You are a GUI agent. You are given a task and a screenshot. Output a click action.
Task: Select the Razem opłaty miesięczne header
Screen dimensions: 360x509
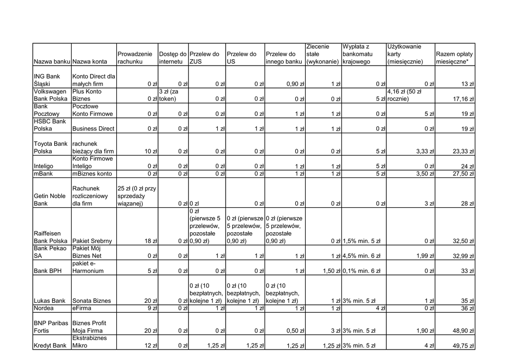tap(454, 58)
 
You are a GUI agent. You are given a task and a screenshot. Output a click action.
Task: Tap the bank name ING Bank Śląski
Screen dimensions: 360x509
tap(47, 80)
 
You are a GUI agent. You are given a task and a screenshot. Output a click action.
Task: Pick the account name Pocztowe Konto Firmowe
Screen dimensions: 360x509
tap(92, 110)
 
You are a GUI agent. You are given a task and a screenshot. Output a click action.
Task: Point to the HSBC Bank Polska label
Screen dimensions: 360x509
tap(50, 125)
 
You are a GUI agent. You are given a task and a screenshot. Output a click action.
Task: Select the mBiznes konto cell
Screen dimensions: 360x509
tap(92, 174)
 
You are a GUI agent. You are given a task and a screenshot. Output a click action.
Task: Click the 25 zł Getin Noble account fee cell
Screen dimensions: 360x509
tap(137, 196)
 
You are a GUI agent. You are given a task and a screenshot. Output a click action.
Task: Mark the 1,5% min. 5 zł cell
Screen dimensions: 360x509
tap(361, 241)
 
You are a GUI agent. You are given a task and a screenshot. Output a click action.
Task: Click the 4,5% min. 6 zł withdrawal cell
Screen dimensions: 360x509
tap(361, 256)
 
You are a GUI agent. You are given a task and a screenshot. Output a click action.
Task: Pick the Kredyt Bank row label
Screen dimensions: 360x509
tap(50, 345)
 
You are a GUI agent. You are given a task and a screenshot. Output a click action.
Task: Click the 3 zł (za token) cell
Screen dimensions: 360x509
tap(172, 95)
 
